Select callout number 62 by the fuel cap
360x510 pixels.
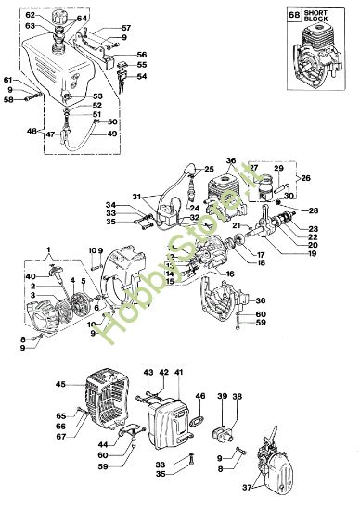click(x=30, y=16)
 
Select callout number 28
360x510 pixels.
click(x=314, y=210)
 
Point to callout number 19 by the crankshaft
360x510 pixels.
click(x=312, y=252)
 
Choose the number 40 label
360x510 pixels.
click(x=30, y=276)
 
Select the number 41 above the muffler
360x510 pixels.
click(x=179, y=372)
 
